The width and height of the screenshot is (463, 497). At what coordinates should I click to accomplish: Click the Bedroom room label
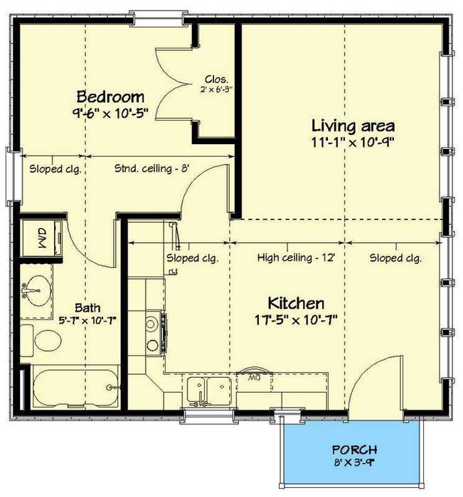[x=110, y=97]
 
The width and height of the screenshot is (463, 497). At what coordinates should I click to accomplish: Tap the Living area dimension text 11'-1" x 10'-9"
[x=353, y=143]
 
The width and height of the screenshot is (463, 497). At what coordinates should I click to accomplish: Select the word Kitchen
[x=296, y=303]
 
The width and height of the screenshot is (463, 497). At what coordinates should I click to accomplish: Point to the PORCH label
[x=354, y=449]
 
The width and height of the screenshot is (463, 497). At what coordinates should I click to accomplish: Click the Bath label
[x=87, y=307]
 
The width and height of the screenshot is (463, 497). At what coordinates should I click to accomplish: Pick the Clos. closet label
[x=216, y=79]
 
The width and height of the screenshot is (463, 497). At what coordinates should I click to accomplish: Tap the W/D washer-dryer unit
[x=41, y=238]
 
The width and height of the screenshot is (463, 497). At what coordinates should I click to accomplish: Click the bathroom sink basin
[x=36, y=290]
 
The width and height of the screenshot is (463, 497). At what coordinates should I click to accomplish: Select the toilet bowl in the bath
[x=48, y=341]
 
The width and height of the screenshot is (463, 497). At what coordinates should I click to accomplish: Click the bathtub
[x=75, y=387]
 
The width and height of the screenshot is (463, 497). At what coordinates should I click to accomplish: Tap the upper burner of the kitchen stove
[x=151, y=324]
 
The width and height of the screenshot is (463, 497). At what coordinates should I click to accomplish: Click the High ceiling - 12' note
[x=296, y=258]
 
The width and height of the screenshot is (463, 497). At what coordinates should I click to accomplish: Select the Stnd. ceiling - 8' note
[x=151, y=168]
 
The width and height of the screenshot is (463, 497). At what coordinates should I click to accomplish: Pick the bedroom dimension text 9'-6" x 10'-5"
[x=110, y=113]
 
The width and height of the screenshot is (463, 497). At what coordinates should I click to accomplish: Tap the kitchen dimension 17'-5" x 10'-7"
[x=296, y=320]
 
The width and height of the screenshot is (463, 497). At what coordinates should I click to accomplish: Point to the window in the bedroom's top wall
[x=158, y=18]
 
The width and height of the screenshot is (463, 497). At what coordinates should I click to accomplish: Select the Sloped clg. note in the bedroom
[x=55, y=169]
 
